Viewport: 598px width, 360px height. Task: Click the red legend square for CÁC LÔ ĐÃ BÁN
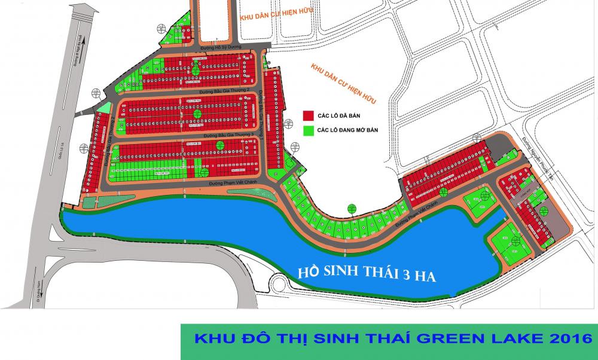(x=309, y=115)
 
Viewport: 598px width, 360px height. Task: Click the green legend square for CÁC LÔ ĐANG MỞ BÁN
(x=309, y=129)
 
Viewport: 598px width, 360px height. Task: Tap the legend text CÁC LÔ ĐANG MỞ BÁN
(x=349, y=130)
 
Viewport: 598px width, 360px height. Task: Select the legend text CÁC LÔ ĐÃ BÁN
(x=341, y=115)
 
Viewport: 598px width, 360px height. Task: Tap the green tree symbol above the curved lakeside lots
(x=351, y=209)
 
